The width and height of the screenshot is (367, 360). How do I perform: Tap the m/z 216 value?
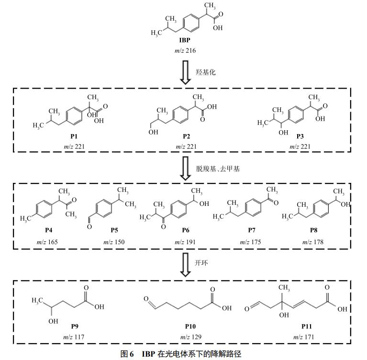coord(183,50)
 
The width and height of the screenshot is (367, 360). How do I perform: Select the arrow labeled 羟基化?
coord(183,72)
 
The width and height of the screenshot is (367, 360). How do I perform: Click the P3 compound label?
coord(300,136)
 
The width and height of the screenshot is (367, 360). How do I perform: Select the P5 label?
coord(114,230)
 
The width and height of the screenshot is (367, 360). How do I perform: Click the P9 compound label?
coord(75,326)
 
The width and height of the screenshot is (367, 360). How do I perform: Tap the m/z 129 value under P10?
coord(191,337)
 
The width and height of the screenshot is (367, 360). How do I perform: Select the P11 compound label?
coord(307,326)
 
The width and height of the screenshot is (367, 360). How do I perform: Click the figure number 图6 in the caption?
coord(127,354)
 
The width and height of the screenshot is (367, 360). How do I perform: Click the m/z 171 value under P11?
coord(307,337)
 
